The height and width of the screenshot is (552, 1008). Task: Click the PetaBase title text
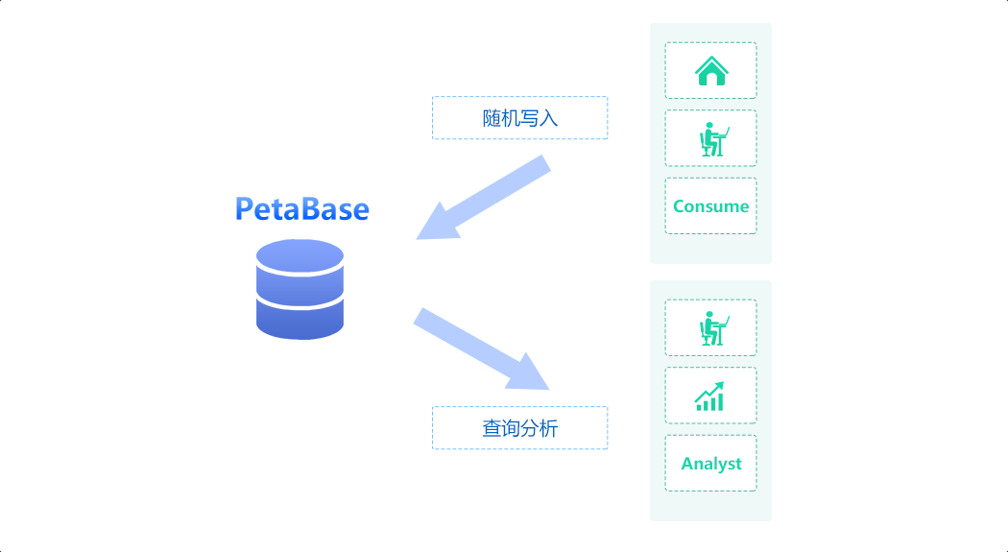(x=302, y=209)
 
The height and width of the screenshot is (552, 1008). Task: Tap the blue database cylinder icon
(x=300, y=289)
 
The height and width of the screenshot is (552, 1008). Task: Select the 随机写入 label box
(x=519, y=118)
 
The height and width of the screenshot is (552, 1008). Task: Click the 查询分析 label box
(x=519, y=428)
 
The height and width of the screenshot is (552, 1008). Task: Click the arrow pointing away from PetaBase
(x=480, y=348)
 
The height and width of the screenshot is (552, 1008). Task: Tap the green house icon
(x=711, y=71)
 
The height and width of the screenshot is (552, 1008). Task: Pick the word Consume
(x=710, y=206)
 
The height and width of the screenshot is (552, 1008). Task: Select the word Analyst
(x=711, y=464)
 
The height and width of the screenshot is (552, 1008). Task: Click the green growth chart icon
(x=710, y=396)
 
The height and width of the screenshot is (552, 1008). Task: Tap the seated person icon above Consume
(x=711, y=139)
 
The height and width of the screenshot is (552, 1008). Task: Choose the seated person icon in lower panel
(x=711, y=328)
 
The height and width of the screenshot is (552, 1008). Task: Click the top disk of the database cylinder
(x=300, y=256)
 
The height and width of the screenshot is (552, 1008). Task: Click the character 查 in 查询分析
(x=492, y=428)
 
